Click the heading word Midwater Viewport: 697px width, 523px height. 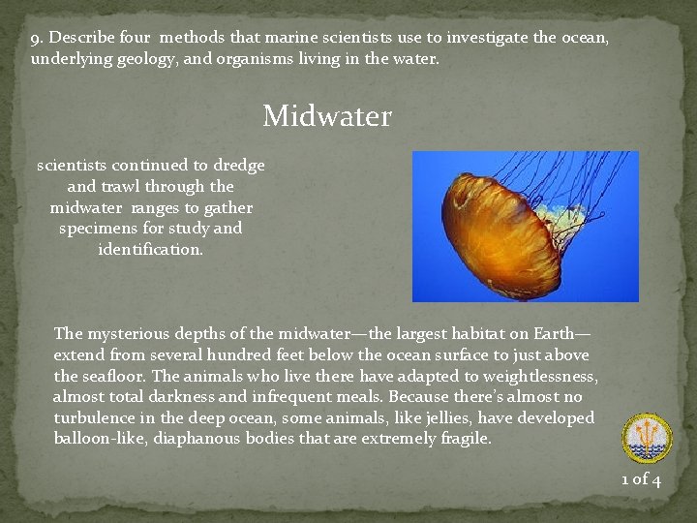click(327, 116)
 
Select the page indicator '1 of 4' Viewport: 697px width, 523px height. click(641, 478)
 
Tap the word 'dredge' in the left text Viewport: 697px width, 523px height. click(239, 165)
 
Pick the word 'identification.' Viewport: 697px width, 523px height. click(151, 250)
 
